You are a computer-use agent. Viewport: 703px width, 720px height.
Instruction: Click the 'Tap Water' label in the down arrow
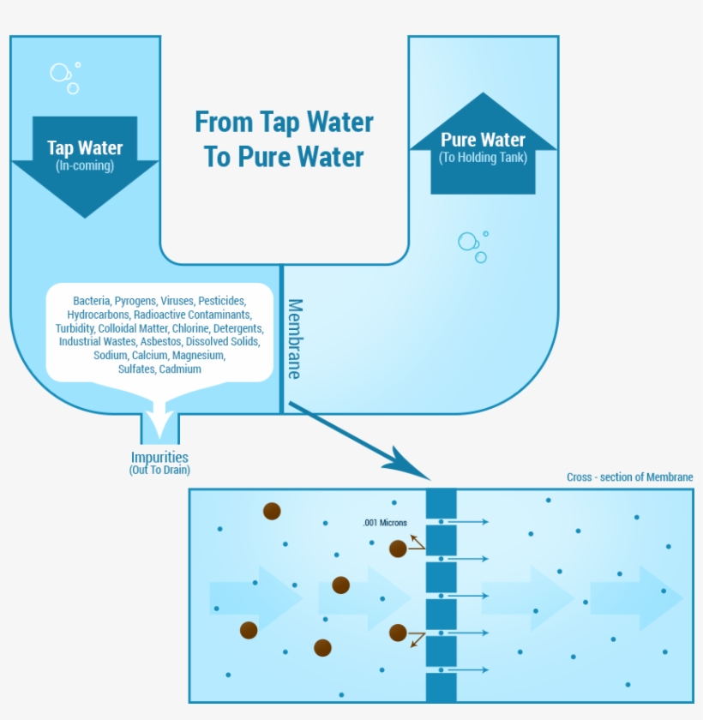85,147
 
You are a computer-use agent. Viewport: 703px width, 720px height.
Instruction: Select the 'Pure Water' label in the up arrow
483,140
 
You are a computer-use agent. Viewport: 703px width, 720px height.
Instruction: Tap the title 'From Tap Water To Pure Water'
284,139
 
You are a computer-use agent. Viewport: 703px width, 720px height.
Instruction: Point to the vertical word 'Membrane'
294,339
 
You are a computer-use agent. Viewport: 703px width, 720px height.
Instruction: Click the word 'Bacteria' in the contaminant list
92,301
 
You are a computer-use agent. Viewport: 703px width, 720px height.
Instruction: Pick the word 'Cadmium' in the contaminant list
180,369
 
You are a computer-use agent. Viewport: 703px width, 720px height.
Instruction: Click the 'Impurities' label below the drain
159,458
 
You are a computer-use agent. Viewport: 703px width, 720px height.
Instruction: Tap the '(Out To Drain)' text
159,471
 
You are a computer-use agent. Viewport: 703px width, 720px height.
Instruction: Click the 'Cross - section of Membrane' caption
629,477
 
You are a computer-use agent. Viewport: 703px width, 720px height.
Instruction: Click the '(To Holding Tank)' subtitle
483,158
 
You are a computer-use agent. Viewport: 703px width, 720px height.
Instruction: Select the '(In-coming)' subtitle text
85,165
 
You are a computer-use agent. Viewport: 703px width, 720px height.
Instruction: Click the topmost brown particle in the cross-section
272,512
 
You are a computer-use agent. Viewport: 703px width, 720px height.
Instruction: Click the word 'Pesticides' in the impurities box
222,301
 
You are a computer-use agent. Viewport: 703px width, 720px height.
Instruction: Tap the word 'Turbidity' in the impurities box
75,328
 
